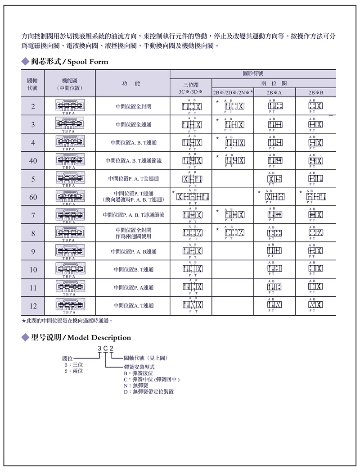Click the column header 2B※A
click(275, 92)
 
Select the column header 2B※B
click(316, 92)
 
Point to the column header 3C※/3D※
click(190, 92)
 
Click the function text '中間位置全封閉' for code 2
click(134, 107)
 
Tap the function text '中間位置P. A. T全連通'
click(134, 179)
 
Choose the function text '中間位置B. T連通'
click(134, 269)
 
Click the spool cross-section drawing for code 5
click(70, 177)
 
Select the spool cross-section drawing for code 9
click(70, 250)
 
